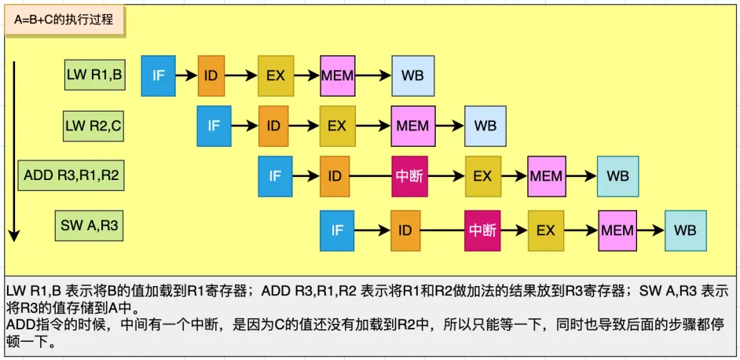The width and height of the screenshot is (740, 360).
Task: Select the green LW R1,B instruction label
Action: click(95, 75)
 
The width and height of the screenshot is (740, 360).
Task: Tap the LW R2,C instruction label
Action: click(93, 125)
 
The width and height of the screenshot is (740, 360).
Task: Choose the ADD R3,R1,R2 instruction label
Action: click(71, 175)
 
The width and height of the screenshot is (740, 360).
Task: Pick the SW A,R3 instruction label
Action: click(90, 226)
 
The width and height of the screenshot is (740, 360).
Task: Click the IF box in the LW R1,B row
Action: click(159, 75)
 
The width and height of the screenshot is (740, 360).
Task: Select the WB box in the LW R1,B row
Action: click(413, 75)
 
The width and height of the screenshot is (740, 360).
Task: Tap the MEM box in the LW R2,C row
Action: click(412, 126)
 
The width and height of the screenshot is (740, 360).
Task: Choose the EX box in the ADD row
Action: click(482, 176)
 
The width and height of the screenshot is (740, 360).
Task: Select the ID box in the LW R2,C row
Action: click(273, 126)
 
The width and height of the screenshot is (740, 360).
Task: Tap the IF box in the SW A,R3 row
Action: click(337, 230)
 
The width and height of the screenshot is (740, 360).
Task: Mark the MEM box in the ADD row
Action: click(546, 176)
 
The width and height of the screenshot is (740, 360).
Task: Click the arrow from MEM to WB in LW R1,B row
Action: click(373, 75)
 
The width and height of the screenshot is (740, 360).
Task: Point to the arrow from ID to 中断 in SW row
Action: click(445, 230)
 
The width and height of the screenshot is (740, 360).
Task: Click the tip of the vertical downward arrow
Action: click(14, 237)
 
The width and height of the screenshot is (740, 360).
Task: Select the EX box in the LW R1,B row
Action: click(276, 75)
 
